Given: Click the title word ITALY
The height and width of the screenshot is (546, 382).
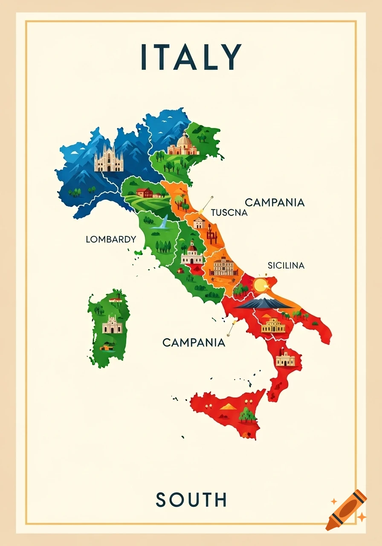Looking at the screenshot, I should coord(191,57).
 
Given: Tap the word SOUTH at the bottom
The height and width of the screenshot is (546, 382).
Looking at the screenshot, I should coord(191,499).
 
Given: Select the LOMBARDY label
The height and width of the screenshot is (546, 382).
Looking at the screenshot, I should coord(111,239).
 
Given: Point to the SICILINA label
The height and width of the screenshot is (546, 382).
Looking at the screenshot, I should coord(286,265).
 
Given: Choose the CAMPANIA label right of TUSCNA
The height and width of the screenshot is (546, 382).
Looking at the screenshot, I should coord(275,202).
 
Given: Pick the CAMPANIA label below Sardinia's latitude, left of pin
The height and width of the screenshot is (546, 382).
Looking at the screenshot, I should coord(194,342).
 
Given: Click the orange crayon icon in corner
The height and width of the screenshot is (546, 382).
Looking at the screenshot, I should coord(346,510).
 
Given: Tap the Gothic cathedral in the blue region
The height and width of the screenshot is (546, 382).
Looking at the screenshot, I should coord(108,159).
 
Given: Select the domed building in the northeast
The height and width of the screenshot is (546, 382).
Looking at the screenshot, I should coord(183,145).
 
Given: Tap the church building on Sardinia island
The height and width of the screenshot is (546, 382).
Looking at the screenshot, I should coord(112,325).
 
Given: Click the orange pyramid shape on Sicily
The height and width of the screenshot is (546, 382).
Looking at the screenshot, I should coord(228,406).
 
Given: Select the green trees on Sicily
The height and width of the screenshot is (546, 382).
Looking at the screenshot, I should coord(247,414).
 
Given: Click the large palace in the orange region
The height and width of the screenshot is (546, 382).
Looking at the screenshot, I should coord(223,267).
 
